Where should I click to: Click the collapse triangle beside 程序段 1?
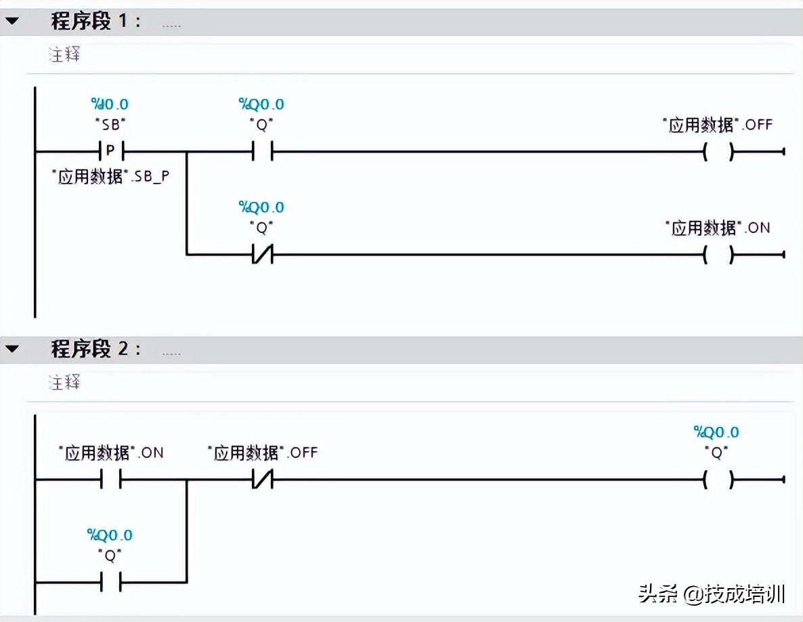[x=12, y=21]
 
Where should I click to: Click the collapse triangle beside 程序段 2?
[x=12, y=350]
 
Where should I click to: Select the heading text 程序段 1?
[x=95, y=21]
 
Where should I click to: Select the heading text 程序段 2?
[x=95, y=350]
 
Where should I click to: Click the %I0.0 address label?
[x=110, y=104]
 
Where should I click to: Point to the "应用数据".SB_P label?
[x=110, y=177]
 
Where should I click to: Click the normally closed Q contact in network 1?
[x=261, y=255]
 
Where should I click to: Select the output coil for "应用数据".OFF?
[x=718, y=152]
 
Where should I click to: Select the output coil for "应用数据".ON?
[x=718, y=255]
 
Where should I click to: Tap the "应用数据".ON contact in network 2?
[x=110, y=480]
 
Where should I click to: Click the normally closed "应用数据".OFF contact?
[x=261, y=480]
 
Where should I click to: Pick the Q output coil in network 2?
[x=718, y=480]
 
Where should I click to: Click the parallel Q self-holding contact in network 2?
[x=110, y=581]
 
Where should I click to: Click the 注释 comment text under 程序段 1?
[x=64, y=55]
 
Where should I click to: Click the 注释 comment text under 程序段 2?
[x=64, y=383]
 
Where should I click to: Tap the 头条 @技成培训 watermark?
[x=712, y=594]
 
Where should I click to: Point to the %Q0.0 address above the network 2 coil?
[x=716, y=432]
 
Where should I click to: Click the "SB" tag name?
[x=110, y=125]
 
